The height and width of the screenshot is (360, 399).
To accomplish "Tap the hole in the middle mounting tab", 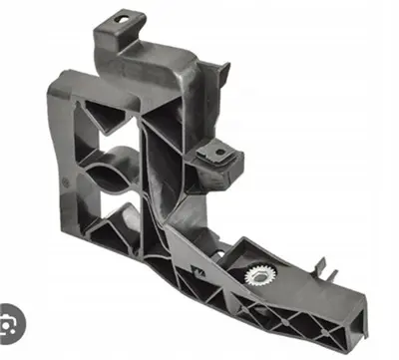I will (213, 153).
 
